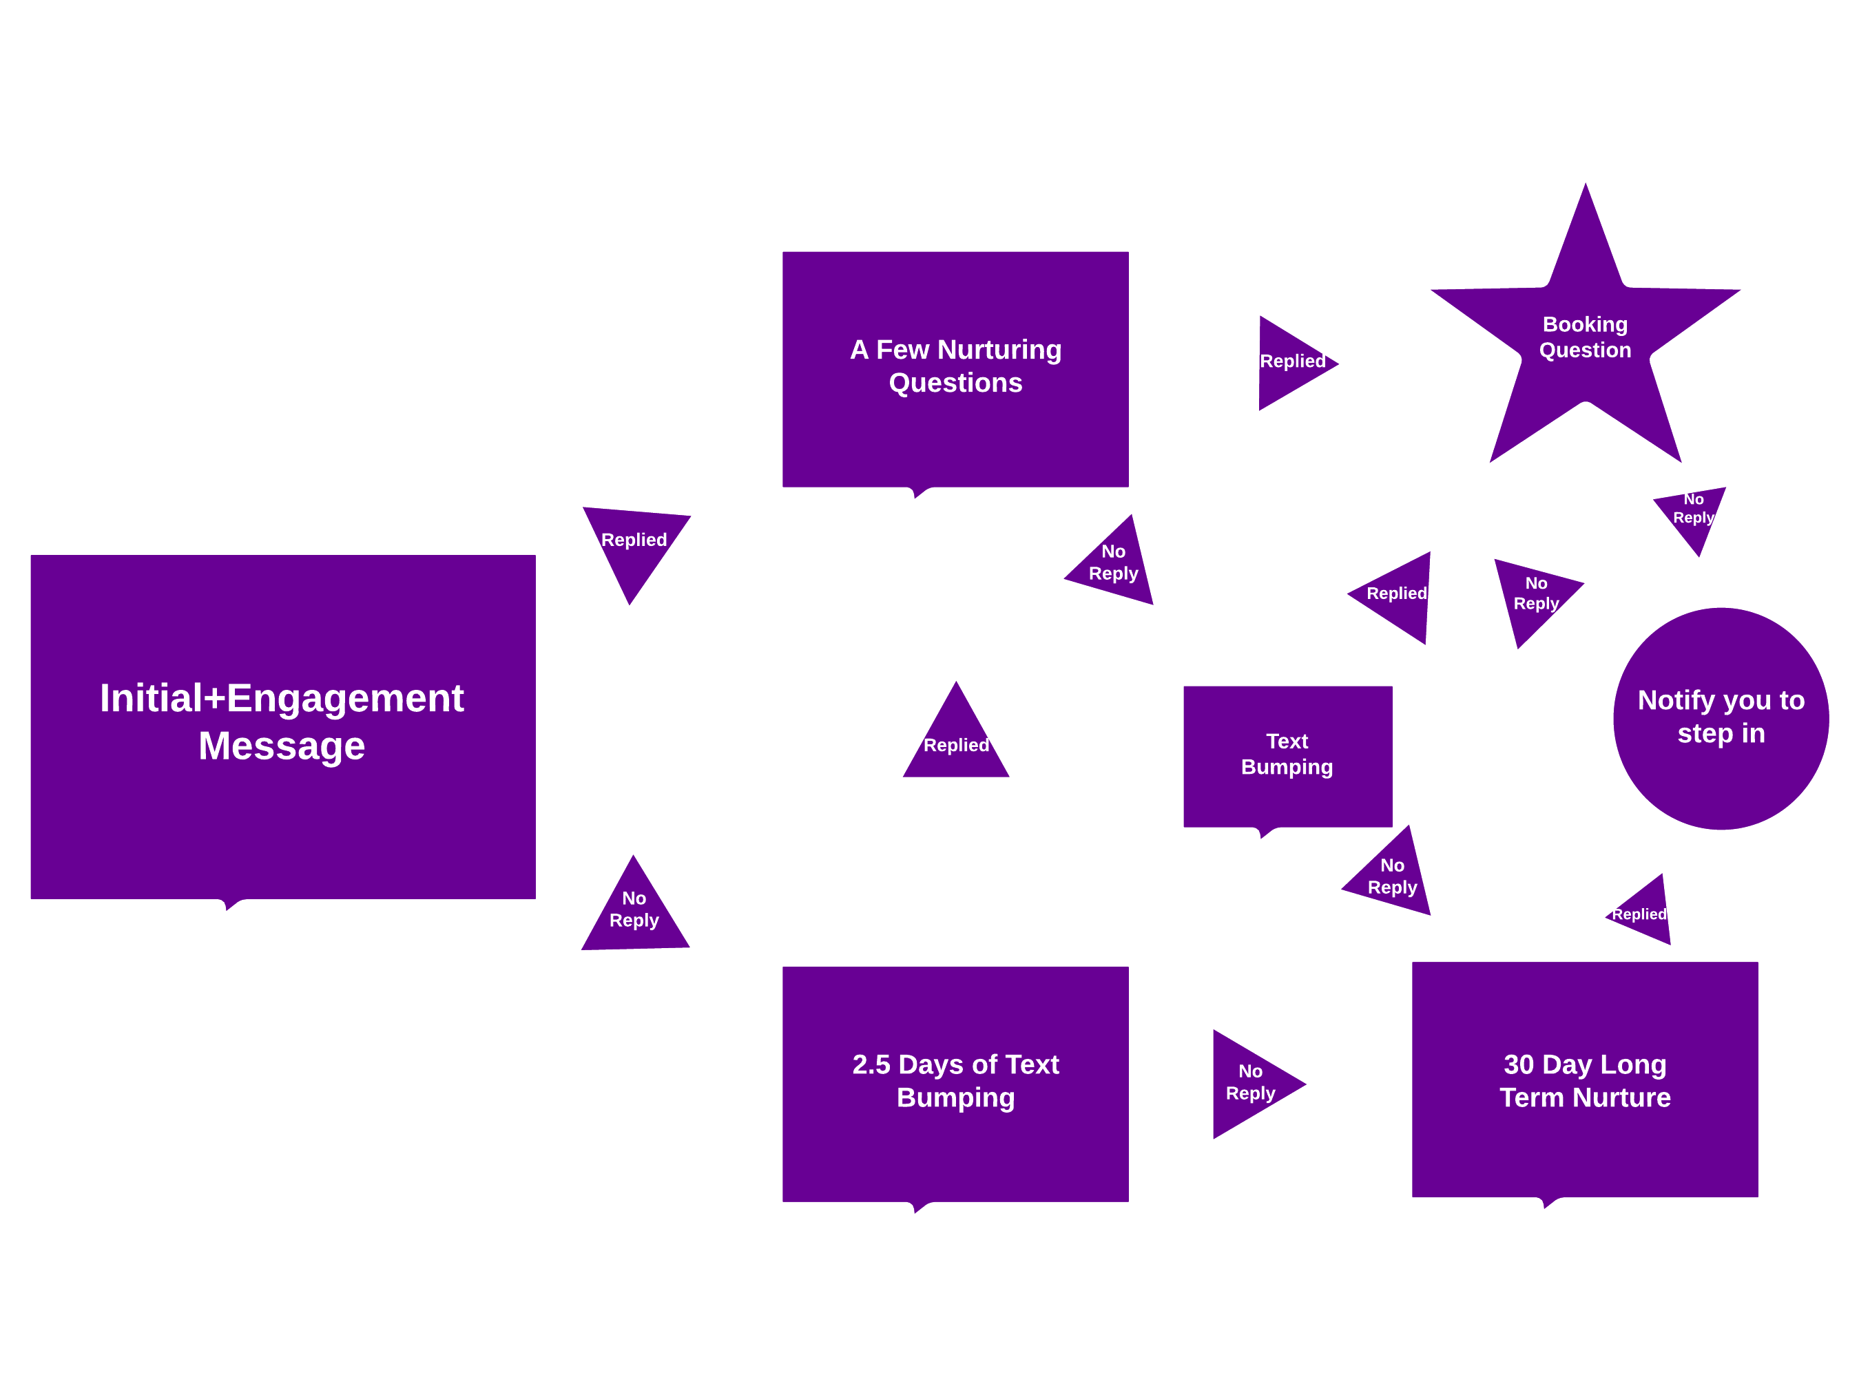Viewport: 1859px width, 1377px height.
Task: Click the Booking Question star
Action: pos(1585,337)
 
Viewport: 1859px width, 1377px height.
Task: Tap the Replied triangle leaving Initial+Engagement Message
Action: pos(635,545)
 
